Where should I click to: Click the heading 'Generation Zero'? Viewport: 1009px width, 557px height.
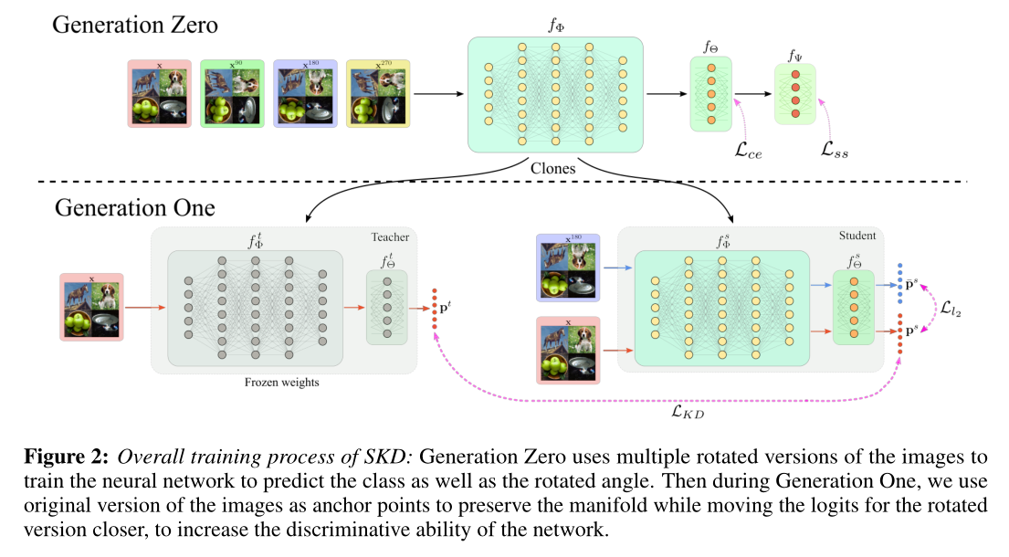135,24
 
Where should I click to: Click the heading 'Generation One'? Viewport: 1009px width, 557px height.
134,207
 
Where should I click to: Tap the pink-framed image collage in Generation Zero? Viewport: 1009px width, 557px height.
158,93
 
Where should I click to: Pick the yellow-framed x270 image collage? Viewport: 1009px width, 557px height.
378,93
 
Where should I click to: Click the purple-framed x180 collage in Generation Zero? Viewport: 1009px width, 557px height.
305,93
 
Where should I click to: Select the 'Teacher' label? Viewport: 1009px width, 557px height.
390,236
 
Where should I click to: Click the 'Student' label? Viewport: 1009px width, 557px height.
857,236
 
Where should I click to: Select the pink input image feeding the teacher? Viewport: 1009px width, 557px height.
92,307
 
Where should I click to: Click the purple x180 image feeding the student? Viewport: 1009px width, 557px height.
568,268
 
